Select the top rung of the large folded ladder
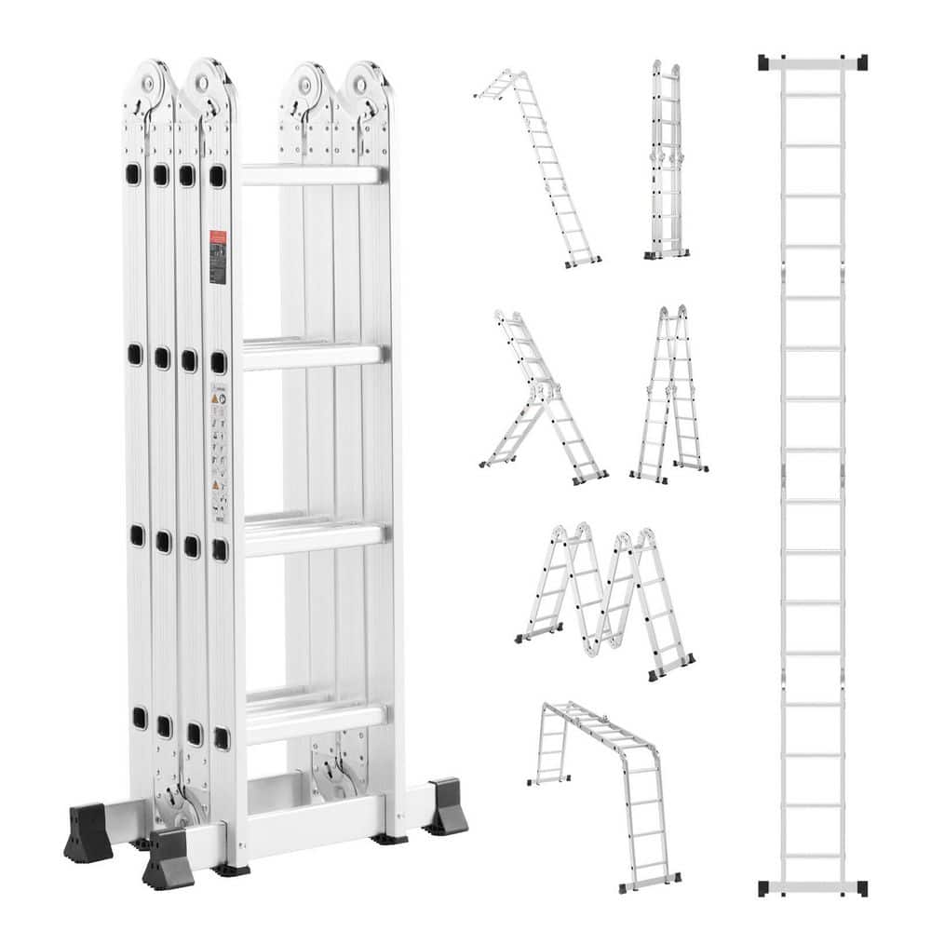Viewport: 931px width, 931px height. pyautogui.click(x=312, y=175)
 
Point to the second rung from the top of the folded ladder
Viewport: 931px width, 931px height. pyautogui.click(x=313, y=354)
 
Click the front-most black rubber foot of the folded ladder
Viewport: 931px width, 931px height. pyautogui.click(x=169, y=858)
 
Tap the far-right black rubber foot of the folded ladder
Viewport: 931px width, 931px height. pyautogui.click(x=446, y=806)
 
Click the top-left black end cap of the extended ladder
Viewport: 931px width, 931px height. pyautogui.click(x=764, y=62)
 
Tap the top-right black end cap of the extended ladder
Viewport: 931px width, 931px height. pyautogui.click(x=860, y=62)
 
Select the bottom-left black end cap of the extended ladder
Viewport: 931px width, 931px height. pyautogui.click(x=764, y=887)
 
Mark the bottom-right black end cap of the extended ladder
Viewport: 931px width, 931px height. pyautogui.click(x=860, y=887)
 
